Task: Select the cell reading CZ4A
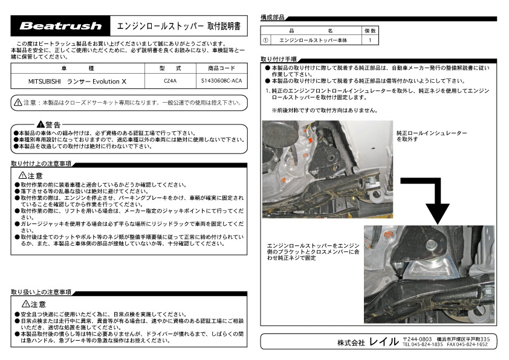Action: click(170, 80)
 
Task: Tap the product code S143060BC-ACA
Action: click(221, 80)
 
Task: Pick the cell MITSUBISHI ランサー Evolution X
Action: click(77, 80)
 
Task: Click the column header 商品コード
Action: click(221, 68)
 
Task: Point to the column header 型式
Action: click(170, 68)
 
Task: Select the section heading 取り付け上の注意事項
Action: click(41, 163)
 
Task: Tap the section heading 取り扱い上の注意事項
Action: click(41, 292)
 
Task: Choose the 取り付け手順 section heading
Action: click(278, 59)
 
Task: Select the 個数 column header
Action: click(371, 30)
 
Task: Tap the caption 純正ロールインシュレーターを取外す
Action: click(432, 135)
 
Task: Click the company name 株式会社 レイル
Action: click(368, 342)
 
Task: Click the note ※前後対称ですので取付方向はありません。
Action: click(325, 111)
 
